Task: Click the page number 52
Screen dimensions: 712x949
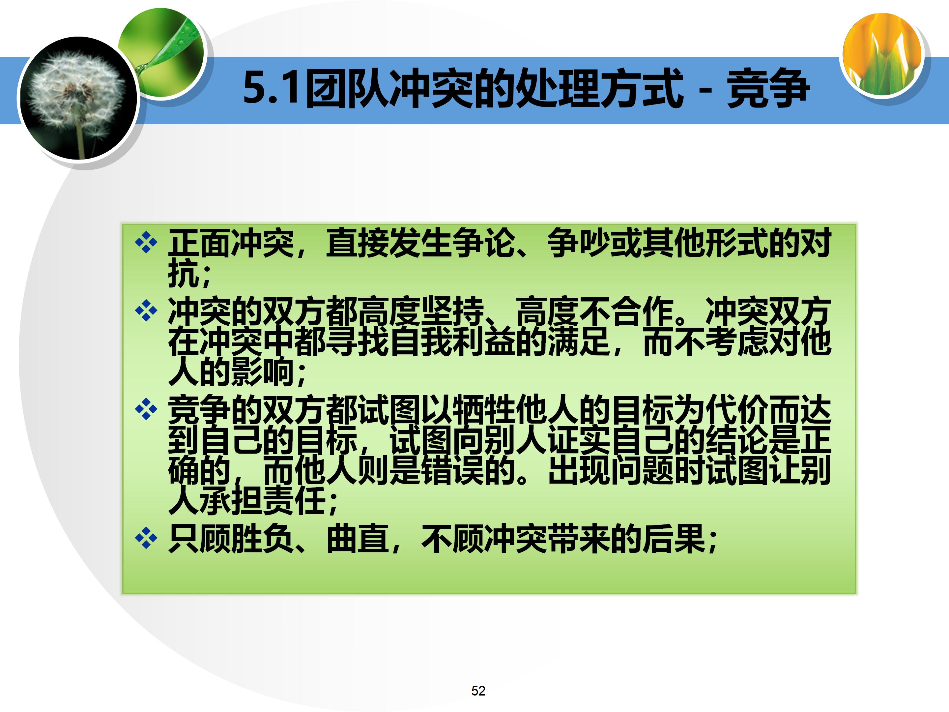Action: [478, 691]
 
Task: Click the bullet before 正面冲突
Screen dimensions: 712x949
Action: [146, 243]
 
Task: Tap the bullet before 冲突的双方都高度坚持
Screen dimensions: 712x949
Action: [146, 310]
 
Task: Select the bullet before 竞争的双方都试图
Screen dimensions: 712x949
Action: [146, 409]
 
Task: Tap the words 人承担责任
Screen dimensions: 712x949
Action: [247, 500]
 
